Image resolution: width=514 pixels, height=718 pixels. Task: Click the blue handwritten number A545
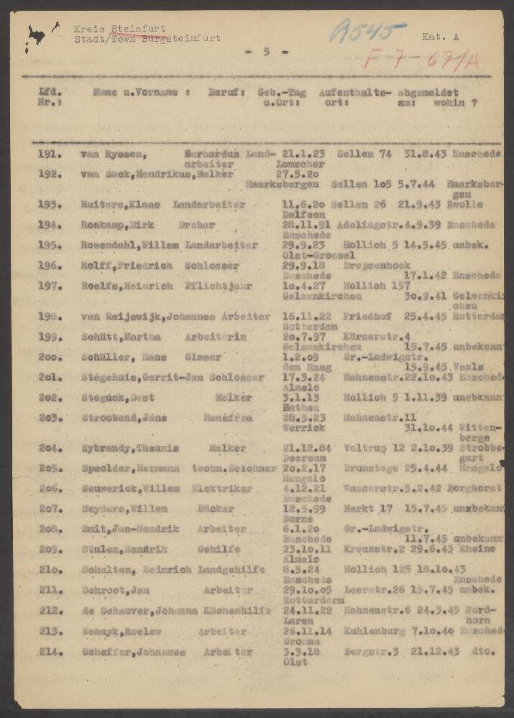(368, 32)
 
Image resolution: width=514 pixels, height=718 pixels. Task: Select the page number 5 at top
(266, 52)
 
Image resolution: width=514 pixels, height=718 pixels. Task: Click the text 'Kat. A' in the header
(439, 34)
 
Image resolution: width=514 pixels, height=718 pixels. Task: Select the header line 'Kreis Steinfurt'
(119, 28)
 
